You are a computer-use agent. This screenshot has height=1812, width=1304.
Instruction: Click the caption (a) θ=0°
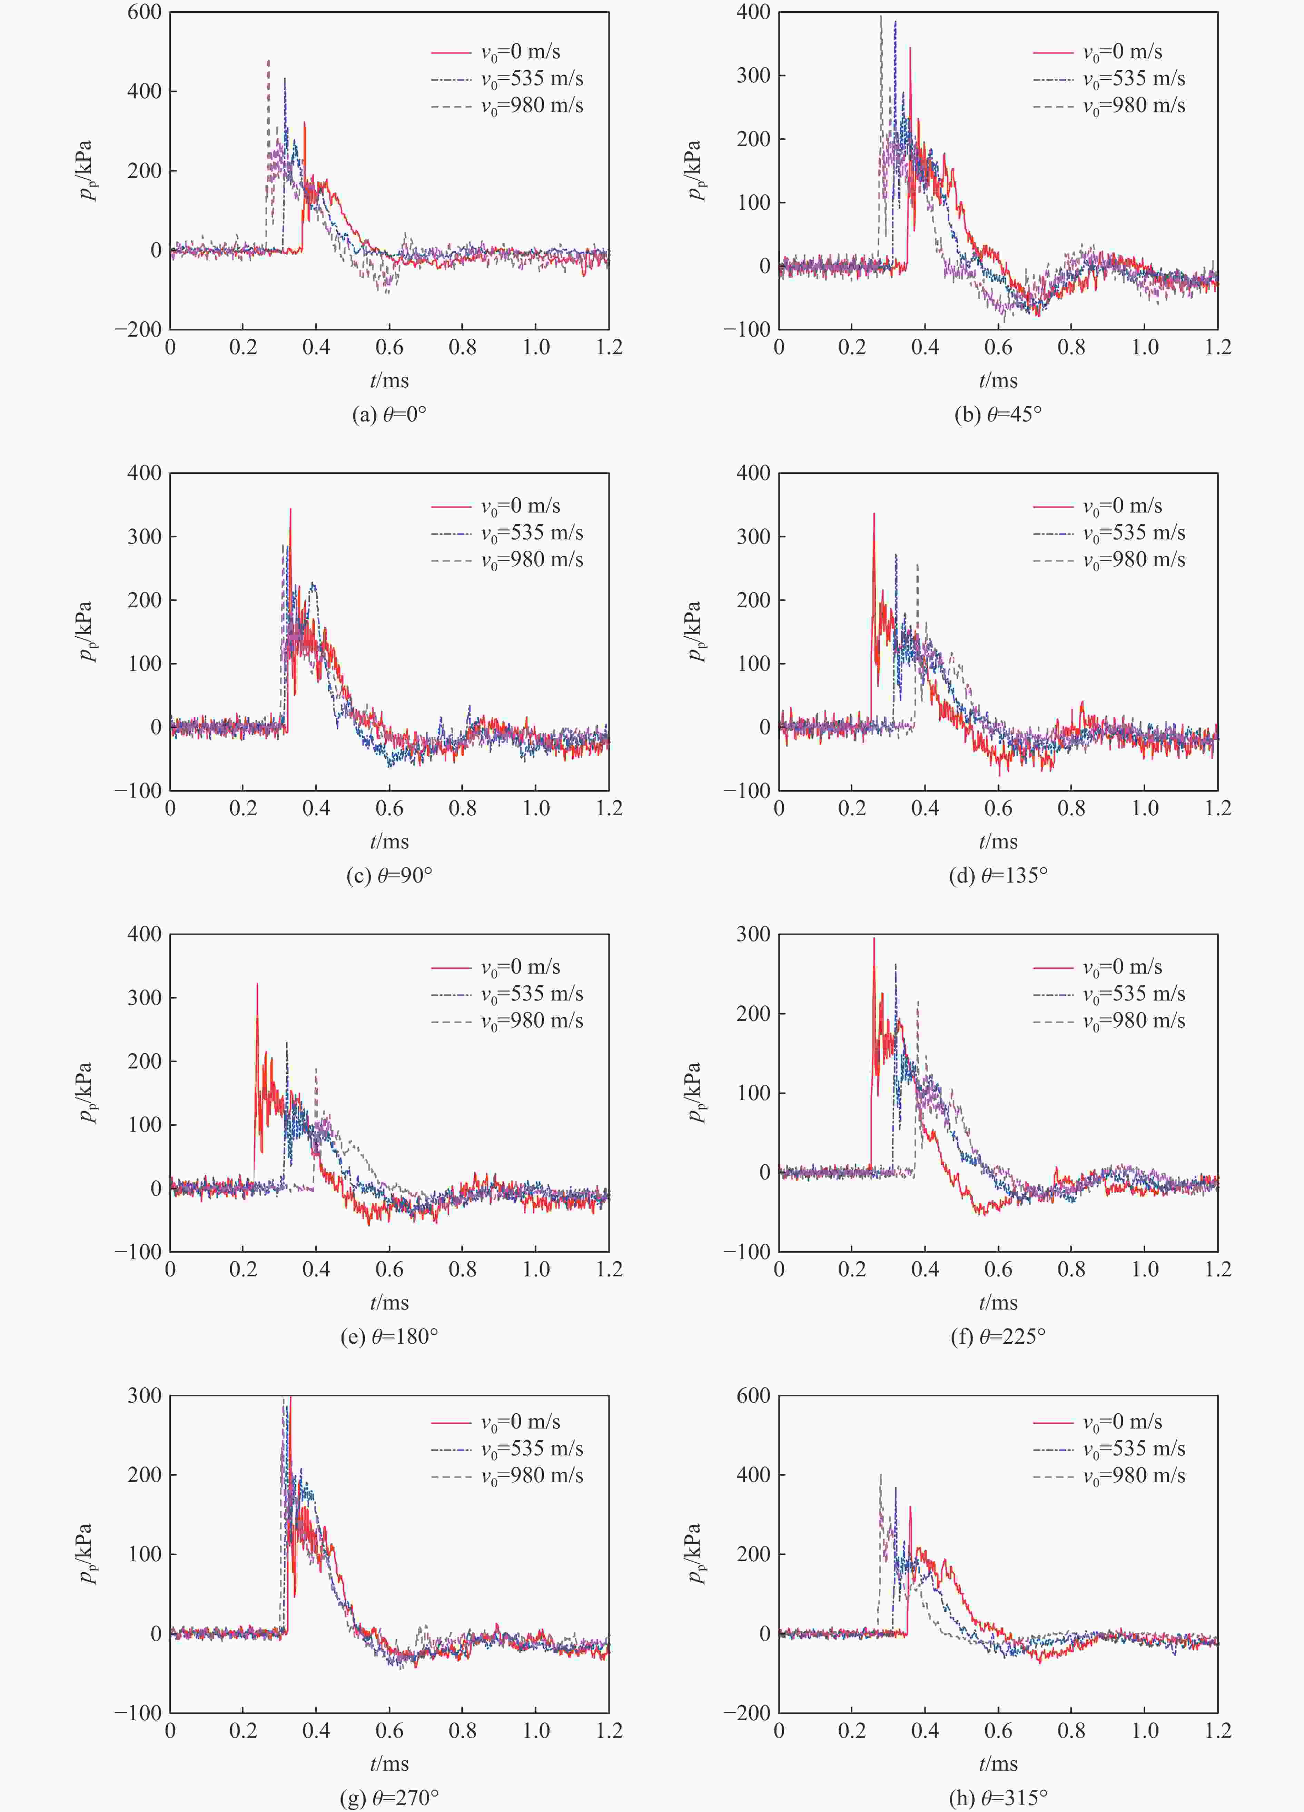[389, 415]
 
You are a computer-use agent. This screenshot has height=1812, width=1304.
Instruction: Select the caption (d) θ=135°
[998, 876]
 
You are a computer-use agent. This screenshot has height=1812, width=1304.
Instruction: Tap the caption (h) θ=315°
[998, 1798]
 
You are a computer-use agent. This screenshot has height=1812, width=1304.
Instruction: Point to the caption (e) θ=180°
[389, 1337]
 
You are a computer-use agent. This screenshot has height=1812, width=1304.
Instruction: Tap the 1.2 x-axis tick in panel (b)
[1218, 348]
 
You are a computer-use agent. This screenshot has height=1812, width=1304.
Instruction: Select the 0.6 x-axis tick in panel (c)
[389, 808]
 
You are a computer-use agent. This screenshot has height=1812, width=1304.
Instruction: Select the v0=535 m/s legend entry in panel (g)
[531, 1448]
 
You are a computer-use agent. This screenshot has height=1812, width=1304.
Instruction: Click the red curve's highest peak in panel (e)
[257, 984]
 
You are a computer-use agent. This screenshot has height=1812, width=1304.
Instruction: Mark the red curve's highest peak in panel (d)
[874, 514]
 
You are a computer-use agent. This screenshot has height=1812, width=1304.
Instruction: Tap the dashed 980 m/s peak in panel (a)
[268, 61]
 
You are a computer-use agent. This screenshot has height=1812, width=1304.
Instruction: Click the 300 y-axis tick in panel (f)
[753, 934]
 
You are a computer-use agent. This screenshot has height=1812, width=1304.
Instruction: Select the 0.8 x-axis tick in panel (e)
[463, 1270]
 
